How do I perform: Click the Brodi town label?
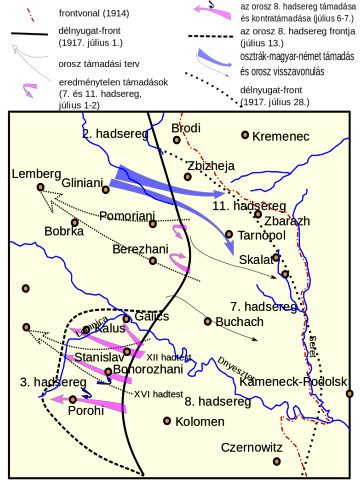tap(186, 128)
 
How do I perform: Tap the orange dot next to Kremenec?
tap(245, 135)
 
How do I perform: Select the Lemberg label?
tap(30, 174)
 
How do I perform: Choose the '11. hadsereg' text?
tap(249, 205)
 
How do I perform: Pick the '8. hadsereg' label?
tap(217, 401)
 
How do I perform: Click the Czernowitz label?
tap(251, 447)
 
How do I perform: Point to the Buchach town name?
tap(241, 322)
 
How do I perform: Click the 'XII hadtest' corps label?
tap(168, 357)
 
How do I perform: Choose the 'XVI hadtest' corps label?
tap(158, 393)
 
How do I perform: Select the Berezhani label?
tap(141, 249)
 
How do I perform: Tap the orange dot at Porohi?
tap(72, 399)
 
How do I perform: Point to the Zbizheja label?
tap(210, 165)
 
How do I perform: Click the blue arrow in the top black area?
tap(214, 56)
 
